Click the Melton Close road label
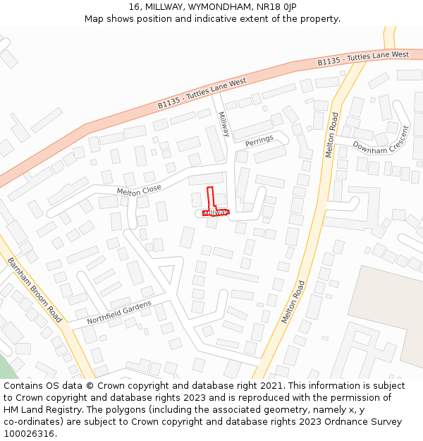point(139,190)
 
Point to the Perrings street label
point(259,142)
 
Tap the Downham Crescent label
point(381,140)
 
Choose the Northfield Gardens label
point(119,313)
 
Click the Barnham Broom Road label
point(35,289)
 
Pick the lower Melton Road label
point(293,302)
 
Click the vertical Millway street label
point(223,124)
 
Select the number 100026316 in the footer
point(29,433)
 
